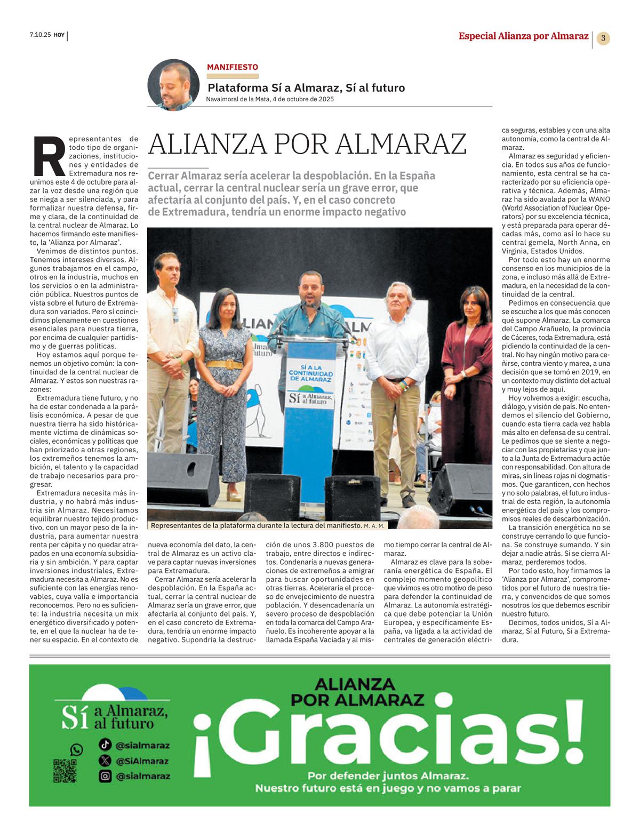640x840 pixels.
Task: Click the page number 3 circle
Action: point(603,38)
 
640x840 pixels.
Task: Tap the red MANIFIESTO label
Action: point(233,67)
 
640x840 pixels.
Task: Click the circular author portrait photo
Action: point(173,85)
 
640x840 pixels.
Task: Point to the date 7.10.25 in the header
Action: point(40,36)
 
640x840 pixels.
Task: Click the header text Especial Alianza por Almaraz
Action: point(523,36)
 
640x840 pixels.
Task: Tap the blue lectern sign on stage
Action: point(310,387)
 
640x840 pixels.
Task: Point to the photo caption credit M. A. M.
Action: point(374,526)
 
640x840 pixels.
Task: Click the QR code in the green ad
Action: point(65,771)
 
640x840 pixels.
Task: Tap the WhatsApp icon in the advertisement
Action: point(77,750)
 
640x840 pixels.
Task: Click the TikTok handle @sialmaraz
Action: point(142,746)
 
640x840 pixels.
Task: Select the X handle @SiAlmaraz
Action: point(142,761)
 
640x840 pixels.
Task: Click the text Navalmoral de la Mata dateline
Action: point(270,99)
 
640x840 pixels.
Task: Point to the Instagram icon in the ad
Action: point(106,777)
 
